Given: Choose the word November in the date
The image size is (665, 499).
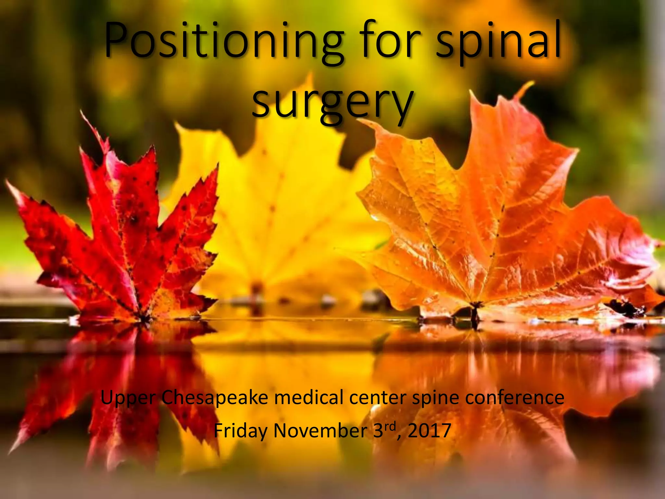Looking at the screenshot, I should click(x=320, y=431).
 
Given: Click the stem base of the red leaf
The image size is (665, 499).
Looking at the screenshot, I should click(x=143, y=317).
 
